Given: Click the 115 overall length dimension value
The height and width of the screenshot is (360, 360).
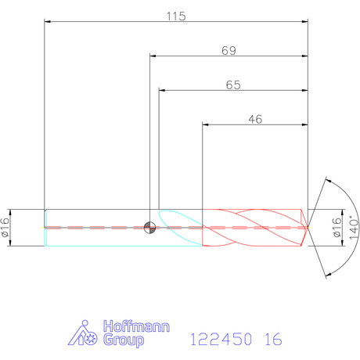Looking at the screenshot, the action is tap(176, 16).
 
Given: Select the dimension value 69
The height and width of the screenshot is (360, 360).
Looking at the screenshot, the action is tap(229, 51).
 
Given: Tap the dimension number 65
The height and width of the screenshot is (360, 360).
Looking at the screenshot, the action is tap(233, 85).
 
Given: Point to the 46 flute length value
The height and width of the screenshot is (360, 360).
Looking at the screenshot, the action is tap(255, 120).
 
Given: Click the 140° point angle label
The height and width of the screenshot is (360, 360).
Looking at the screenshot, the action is tap(354, 228).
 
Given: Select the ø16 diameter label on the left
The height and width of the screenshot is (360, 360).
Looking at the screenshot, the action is tap(5, 227).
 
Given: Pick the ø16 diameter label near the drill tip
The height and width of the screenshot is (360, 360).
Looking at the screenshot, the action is tap(337, 227).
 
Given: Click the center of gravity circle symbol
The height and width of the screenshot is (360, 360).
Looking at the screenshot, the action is tap(149, 228).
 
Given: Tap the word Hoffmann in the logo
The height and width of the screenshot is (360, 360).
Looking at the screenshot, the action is tap(136, 326).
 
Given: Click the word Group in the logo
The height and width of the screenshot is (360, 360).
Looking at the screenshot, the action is tap(124, 340).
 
